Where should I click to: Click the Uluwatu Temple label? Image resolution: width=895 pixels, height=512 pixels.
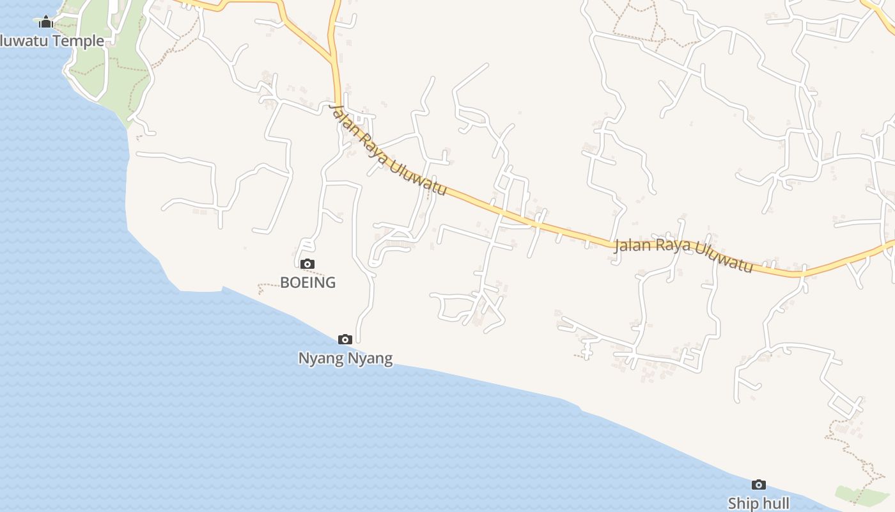[51, 41]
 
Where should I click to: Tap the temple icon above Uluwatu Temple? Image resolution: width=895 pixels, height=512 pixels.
[45, 22]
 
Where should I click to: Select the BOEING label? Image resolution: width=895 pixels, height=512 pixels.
[307, 282]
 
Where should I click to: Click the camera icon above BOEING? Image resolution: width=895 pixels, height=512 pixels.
[307, 264]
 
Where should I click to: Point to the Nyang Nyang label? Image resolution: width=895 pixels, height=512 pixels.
[345, 358]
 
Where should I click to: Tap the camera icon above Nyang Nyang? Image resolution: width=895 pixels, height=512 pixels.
[345, 339]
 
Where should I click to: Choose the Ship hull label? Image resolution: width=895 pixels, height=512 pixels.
[758, 503]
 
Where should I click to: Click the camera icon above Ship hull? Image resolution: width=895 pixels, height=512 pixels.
[759, 484]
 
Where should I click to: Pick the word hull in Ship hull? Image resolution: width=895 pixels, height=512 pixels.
[775, 503]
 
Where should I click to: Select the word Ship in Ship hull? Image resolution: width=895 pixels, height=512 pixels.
[743, 503]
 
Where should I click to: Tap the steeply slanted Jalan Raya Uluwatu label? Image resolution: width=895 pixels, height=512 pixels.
[387, 152]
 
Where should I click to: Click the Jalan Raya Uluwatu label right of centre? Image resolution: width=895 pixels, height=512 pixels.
[683, 255]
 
